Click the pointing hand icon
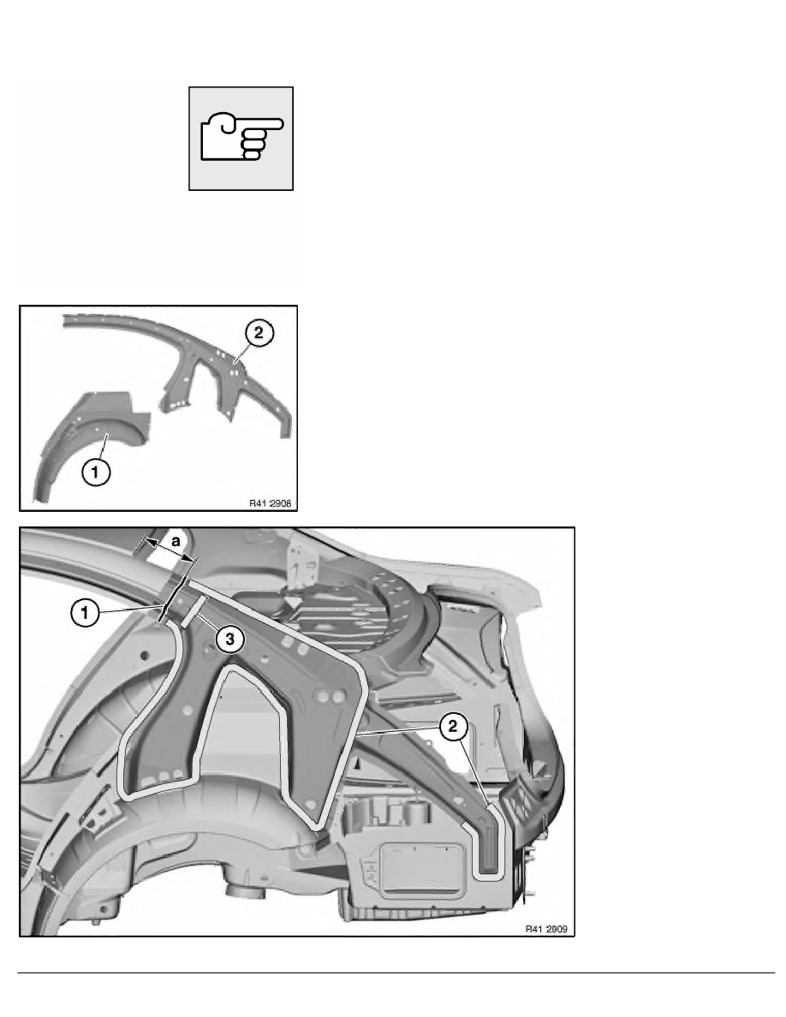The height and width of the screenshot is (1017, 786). coord(241,138)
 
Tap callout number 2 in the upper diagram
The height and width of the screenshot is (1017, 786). coord(259,333)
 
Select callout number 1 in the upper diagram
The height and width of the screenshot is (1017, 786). coord(96,472)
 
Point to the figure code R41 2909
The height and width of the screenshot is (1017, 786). coord(546,929)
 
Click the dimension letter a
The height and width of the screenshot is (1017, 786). coord(176,539)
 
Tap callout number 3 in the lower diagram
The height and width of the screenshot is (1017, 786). coord(229,639)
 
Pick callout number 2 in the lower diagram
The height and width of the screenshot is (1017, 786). coord(453,727)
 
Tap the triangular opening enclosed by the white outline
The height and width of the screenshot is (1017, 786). coord(253,727)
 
